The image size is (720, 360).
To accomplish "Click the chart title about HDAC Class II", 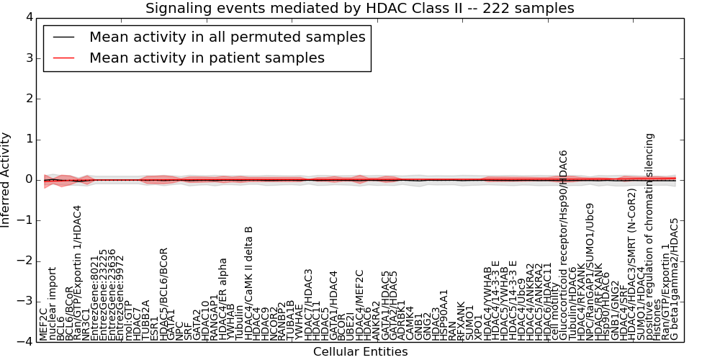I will pyautogui.click(x=360, y=9).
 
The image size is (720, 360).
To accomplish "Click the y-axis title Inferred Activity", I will pyautogui.click(x=6, y=179).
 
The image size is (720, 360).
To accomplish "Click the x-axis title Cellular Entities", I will pyautogui.click(x=360, y=352).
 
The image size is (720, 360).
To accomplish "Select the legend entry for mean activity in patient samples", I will pyautogui.click(x=207, y=58).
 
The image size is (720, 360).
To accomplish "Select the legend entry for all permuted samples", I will pyautogui.click(x=227, y=37).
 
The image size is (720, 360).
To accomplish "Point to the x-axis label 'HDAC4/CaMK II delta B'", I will pyautogui.click(x=249, y=283).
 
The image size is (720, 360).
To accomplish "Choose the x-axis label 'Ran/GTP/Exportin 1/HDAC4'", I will pyautogui.click(x=78, y=272).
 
